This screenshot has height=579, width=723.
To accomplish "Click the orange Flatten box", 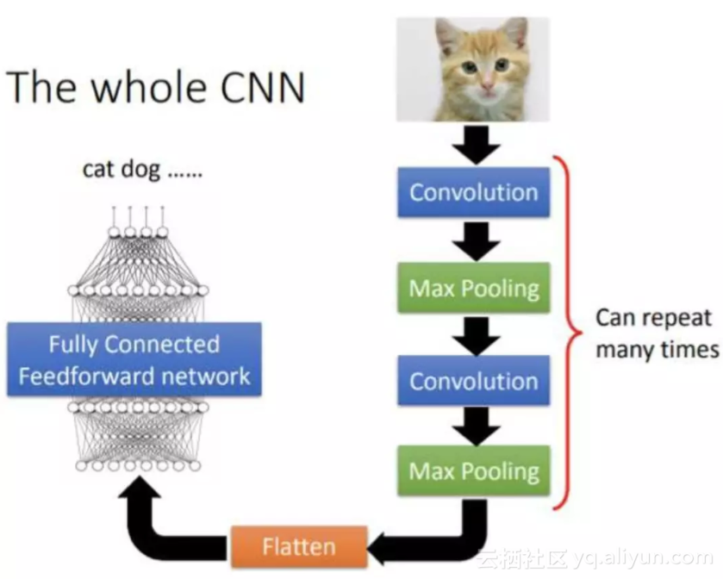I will click(x=298, y=547).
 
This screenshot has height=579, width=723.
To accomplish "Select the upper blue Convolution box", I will click(x=473, y=191).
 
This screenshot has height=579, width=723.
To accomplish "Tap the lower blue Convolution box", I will click(x=473, y=381).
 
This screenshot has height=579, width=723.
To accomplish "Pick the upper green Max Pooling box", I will click(x=473, y=287).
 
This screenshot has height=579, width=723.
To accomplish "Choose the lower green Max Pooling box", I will click(x=473, y=470).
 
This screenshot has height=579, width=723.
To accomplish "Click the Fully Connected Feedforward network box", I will click(x=134, y=359).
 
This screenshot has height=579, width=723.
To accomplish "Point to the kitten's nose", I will click(x=487, y=86).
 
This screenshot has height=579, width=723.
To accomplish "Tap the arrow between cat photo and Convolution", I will click(x=473, y=144).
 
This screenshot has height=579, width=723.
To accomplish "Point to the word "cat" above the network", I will click(x=98, y=169).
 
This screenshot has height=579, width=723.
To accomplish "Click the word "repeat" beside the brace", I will click(x=677, y=318).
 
